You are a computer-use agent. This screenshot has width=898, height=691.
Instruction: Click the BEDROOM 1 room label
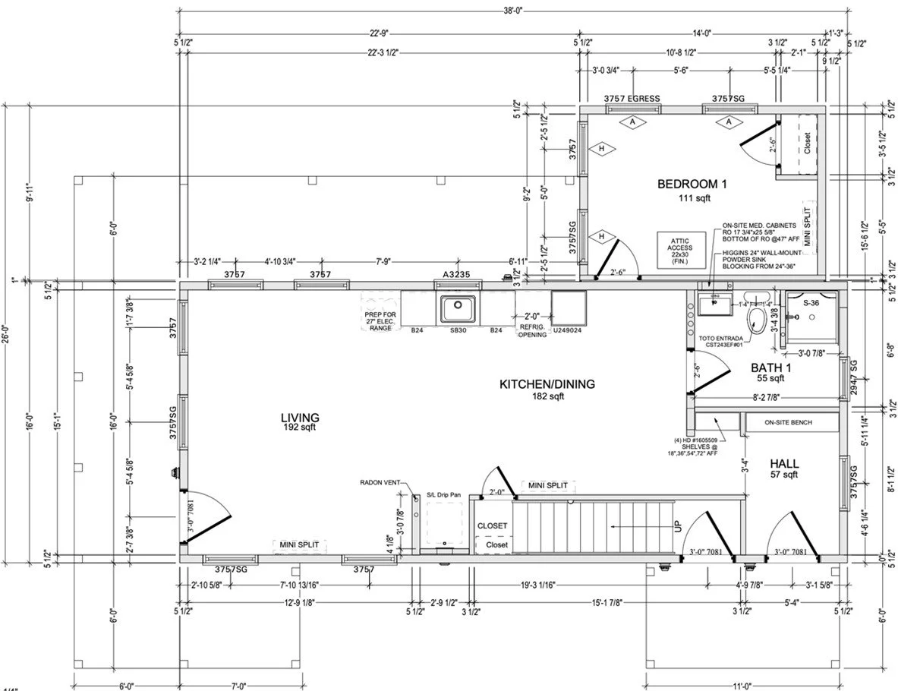pos(692,184)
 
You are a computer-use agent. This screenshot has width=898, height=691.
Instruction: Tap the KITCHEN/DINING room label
pos(547,384)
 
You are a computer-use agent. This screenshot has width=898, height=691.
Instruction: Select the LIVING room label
pos(299,418)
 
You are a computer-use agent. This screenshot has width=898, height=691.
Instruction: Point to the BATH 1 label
pos(771,368)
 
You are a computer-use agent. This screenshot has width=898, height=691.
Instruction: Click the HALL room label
pos(783,463)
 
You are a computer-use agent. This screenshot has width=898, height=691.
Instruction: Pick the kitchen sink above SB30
pos(455,309)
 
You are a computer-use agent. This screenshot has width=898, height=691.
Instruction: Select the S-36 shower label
pos(812,302)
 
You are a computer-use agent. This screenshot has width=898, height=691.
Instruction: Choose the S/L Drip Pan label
pos(443,495)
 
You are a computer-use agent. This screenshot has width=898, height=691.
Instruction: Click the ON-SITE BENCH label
pos(790,422)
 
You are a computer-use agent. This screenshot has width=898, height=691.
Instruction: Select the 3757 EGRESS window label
pos(632,99)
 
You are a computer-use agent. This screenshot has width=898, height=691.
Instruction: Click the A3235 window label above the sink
pos(455,274)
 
